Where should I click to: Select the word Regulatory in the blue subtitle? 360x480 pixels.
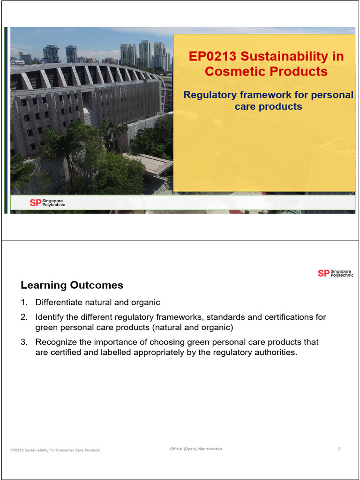(x=211, y=95)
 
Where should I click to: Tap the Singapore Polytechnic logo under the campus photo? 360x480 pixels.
(x=47, y=202)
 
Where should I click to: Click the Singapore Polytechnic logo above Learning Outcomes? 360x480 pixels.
(x=336, y=273)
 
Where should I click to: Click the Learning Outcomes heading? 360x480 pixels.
(x=72, y=285)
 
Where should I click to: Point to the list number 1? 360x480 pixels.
(x=23, y=302)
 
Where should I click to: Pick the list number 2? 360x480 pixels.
(x=23, y=317)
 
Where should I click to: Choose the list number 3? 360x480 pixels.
(x=23, y=342)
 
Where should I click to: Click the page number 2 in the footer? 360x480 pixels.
(x=339, y=449)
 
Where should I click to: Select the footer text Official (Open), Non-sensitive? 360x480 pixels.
(x=196, y=449)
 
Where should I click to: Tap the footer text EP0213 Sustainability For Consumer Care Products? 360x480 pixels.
(x=55, y=450)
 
